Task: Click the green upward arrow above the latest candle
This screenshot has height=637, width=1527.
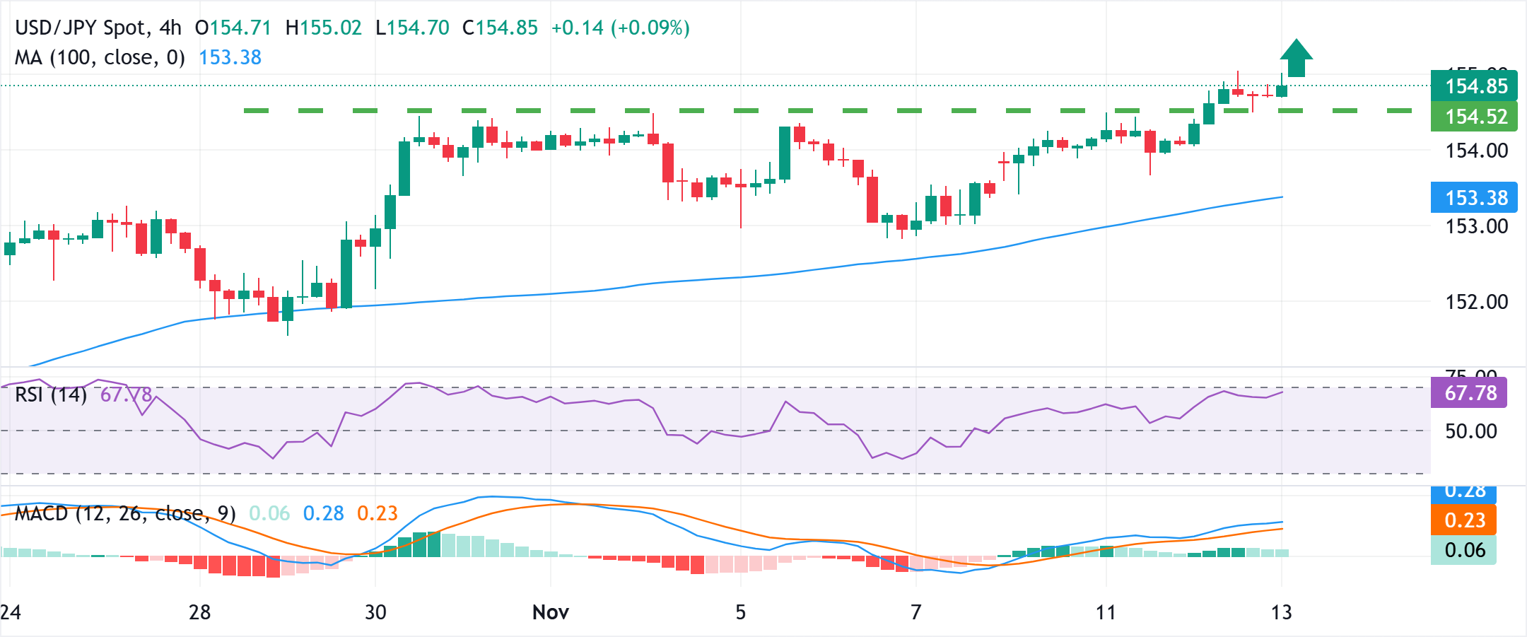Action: [x=1296, y=58]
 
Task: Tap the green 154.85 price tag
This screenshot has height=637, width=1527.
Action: [x=1475, y=86]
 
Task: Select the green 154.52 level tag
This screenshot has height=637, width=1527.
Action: [x=1475, y=117]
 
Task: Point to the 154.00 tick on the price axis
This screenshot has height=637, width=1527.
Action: [x=1476, y=151]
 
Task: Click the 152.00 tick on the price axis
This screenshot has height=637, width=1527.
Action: [x=1476, y=302]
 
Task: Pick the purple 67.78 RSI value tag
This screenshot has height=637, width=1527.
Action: [x=1469, y=393]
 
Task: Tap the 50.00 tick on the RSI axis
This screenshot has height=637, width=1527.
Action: [x=1470, y=431]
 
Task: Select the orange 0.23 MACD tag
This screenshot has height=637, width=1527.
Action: [x=1464, y=520]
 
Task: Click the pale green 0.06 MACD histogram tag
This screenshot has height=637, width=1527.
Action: [x=1464, y=550]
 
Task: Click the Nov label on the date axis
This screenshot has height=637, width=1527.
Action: [x=550, y=612]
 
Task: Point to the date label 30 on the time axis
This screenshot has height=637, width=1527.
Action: [x=375, y=612]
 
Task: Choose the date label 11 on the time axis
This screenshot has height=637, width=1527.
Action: [x=1106, y=612]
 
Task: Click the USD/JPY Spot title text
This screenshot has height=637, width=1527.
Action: [x=82, y=28]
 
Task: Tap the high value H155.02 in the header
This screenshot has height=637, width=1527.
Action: [x=323, y=28]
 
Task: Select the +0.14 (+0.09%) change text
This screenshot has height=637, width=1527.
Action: [x=620, y=28]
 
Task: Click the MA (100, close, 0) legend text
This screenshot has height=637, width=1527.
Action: [x=100, y=57]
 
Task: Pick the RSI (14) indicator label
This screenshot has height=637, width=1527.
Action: [x=51, y=395]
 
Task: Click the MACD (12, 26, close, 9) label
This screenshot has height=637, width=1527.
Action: [x=125, y=513]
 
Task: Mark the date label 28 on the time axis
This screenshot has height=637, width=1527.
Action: [x=200, y=612]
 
